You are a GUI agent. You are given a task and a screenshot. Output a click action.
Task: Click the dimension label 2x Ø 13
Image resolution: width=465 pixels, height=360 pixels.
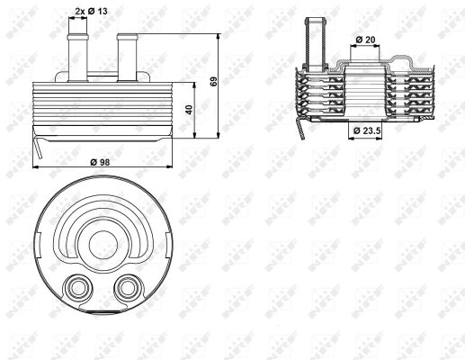click(91, 12)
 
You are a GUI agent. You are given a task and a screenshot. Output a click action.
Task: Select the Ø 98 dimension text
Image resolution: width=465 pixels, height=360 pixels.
click(100, 162)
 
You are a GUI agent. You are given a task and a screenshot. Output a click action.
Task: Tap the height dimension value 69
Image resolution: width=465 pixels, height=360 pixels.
click(213, 82)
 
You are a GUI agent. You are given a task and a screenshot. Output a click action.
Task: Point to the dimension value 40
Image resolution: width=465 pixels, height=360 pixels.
click(189, 110)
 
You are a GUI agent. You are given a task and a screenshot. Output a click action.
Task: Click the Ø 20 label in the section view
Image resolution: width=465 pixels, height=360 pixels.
click(365, 40)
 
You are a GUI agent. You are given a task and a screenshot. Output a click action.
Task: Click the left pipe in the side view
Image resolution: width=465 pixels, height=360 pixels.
click(78, 58)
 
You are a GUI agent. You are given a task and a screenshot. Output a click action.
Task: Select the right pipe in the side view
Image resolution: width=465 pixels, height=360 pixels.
click(128, 58)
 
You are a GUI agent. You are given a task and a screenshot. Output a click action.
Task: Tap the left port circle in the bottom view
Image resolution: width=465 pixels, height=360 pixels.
click(77, 288)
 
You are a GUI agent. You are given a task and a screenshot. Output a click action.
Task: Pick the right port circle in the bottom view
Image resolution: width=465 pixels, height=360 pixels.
click(128, 288)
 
